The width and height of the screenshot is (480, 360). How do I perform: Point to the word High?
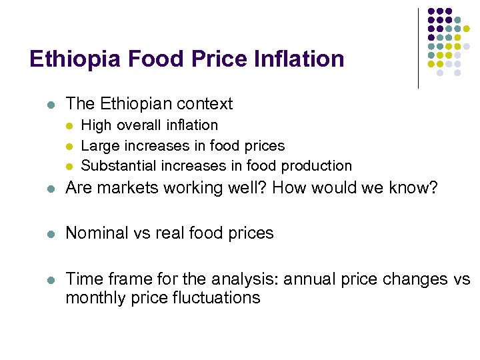coord(96,125)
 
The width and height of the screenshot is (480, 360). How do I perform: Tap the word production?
coord(317,165)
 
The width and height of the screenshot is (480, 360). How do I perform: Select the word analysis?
coord(249,279)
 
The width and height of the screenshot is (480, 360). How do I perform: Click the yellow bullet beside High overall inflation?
coord(71,126)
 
